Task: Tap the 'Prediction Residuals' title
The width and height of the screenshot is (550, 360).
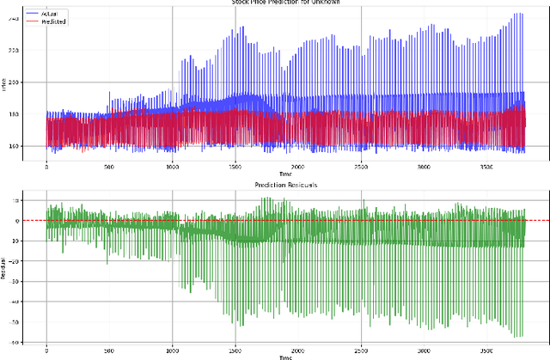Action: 284,186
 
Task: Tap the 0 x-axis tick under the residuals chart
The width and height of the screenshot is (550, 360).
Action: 46,350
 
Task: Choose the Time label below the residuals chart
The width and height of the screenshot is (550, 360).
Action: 284,356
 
